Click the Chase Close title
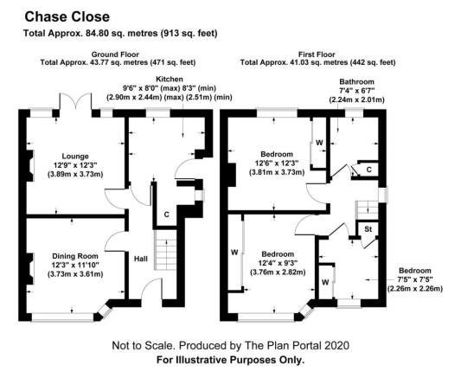click(67, 16)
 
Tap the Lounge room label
click(75, 156)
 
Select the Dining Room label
click(75, 256)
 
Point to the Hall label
click(141, 259)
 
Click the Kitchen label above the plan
click(170, 79)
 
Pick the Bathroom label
click(356, 81)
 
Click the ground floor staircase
click(165, 250)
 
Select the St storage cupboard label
click(368, 228)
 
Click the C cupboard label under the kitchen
click(167, 215)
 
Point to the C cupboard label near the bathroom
click(369, 170)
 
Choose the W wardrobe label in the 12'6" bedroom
click(319, 143)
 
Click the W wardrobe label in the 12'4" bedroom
click(234, 253)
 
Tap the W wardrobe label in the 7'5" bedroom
click(325, 283)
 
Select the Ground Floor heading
click(115, 54)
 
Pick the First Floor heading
click(317, 54)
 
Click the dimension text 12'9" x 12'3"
click(75, 165)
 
